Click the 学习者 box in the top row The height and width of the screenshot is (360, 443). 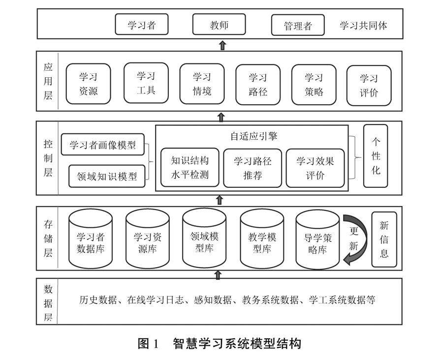[142, 25]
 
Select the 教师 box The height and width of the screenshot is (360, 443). [219, 25]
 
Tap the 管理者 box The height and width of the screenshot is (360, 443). [298, 26]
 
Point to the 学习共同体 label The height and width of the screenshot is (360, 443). [363, 26]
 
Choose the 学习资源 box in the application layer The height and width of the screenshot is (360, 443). [89, 84]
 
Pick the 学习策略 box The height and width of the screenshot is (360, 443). [314, 84]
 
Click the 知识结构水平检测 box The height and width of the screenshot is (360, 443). [190, 168]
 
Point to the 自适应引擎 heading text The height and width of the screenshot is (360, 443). [254, 136]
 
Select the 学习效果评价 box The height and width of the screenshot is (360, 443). [315, 168]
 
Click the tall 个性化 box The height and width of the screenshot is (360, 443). [376, 156]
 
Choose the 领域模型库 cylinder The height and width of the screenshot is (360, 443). [204, 240]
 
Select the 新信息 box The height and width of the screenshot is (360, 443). [384, 240]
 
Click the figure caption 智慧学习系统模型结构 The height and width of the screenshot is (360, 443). [236, 343]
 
